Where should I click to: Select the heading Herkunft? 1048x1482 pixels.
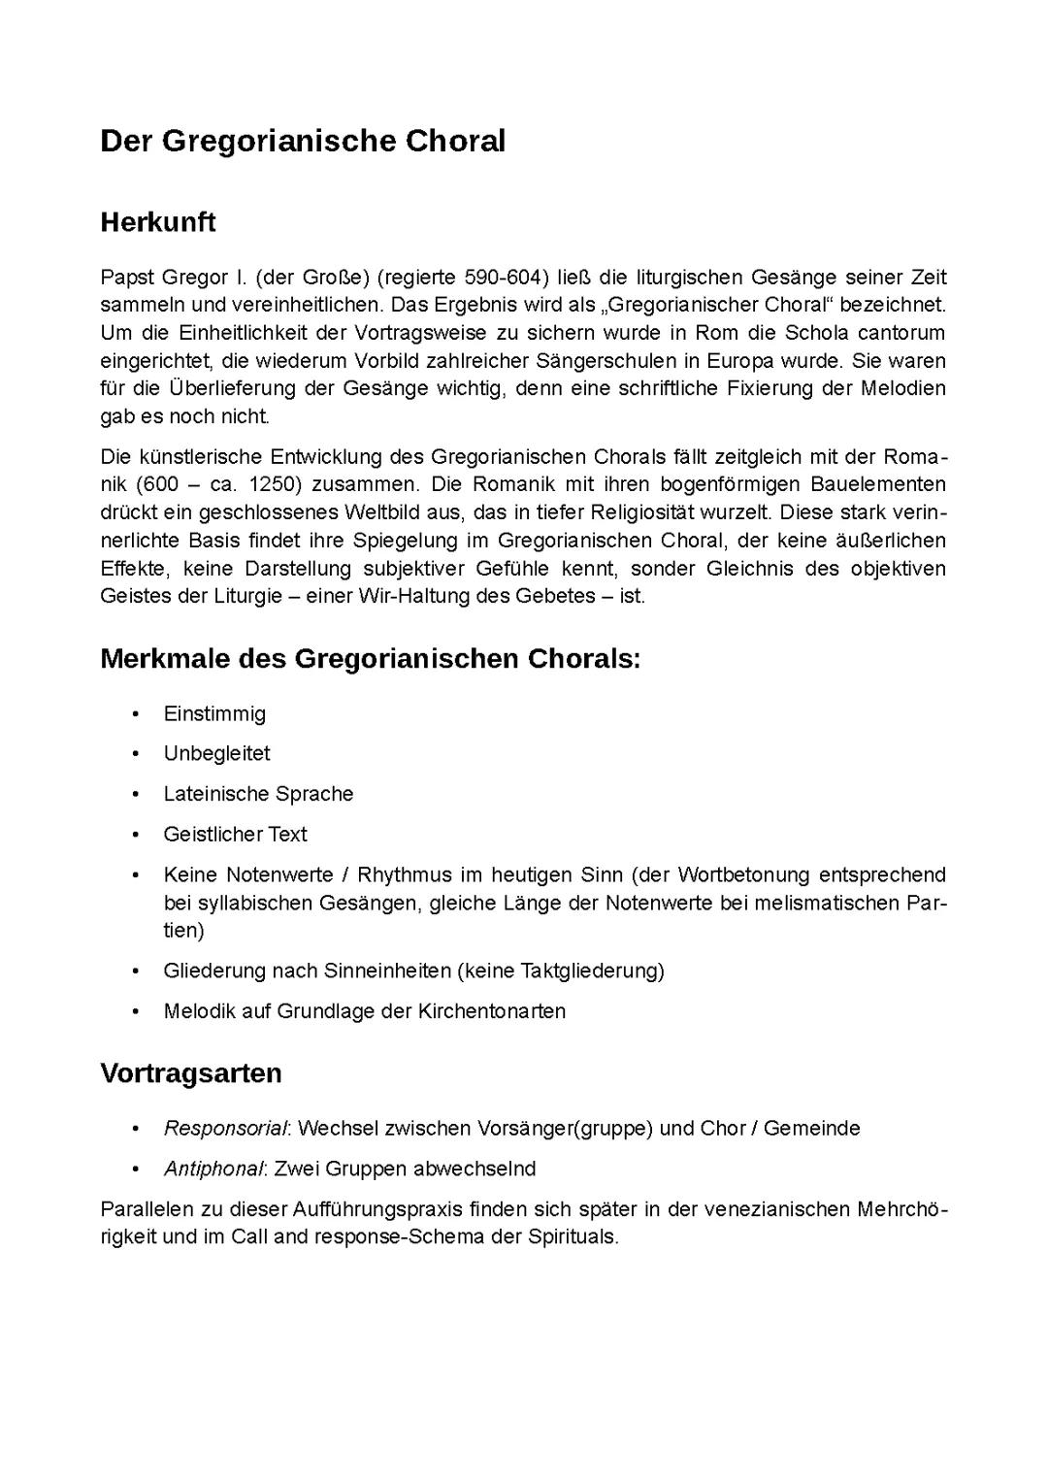[157, 222]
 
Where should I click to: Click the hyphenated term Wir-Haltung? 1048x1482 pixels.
[413, 596]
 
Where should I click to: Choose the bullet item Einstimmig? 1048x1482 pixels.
[214, 714]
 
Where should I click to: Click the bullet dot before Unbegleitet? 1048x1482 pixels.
[137, 754]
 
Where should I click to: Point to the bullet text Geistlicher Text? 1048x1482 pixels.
[235, 835]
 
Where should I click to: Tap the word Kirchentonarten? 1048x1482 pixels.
[492, 1011]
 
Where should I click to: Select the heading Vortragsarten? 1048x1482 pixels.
[191, 1073]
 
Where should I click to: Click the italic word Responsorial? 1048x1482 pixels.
[225, 1129]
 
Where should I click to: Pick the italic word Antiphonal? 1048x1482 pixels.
[213, 1169]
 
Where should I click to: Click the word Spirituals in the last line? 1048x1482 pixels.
[573, 1237]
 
